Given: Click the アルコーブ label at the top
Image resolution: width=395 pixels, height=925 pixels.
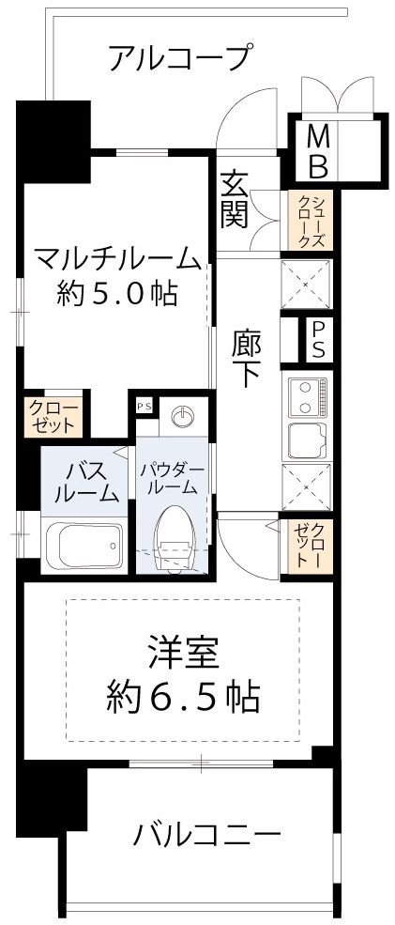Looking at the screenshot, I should coord(179,58).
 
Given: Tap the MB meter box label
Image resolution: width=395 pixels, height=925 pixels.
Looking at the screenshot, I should coord(318,153).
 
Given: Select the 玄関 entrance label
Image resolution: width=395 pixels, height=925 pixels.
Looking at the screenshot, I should coord(235,199).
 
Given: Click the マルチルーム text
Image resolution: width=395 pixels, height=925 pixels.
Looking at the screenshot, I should coord(117,256).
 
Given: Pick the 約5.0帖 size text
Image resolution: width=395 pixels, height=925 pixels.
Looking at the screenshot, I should coord(117,294).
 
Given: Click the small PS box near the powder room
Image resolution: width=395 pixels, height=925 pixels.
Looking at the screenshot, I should coord(144,406).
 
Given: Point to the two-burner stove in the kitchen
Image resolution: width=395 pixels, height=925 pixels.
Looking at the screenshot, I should coord(307,397).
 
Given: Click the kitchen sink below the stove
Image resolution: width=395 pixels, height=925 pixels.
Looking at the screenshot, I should coord(307,439).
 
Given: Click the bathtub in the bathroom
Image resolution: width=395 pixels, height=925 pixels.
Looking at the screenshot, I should coord(84,544).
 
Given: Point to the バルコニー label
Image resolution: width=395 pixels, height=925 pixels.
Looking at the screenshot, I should coord(205,833).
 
